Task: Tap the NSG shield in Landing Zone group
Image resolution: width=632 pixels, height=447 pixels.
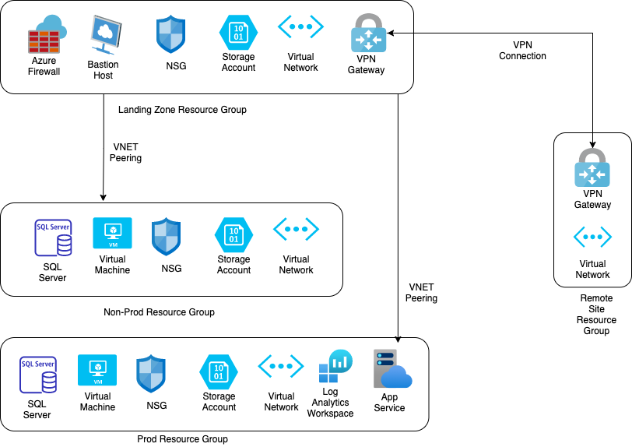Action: click(x=170, y=35)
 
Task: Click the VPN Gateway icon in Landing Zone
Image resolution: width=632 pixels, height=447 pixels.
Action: click(x=367, y=33)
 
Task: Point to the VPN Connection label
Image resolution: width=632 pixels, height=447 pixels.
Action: click(x=522, y=51)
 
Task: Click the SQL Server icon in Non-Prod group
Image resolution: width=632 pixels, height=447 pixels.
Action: click(x=54, y=238)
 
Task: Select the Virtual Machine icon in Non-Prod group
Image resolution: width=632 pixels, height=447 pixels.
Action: click(x=112, y=233)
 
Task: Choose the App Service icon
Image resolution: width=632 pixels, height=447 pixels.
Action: click(x=391, y=369)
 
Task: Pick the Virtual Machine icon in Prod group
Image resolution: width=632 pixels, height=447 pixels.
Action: click(x=97, y=370)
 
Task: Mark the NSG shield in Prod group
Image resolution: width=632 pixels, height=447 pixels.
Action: click(x=151, y=374)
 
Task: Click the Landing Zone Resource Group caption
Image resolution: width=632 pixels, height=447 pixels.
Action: click(x=182, y=110)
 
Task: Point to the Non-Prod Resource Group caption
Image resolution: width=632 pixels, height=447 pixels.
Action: click(x=159, y=312)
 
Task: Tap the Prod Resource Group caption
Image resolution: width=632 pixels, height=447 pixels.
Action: click(x=182, y=439)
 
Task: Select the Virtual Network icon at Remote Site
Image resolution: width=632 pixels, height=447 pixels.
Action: click(x=592, y=237)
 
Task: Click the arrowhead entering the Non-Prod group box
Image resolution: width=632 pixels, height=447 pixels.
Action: click(x=104, y=199)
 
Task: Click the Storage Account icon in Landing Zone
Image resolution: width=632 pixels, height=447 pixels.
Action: click(x=237, y=33)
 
